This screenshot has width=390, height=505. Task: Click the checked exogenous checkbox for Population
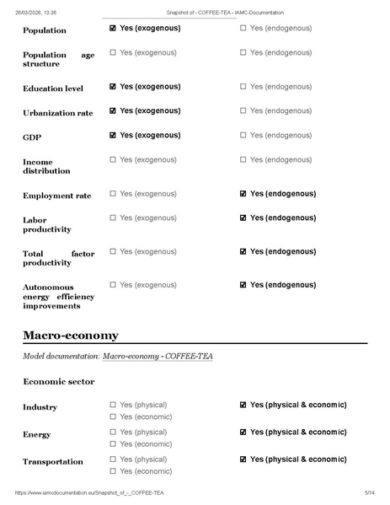pyautogui.click(x=113, y=28)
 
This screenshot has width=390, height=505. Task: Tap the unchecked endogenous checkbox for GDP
pyautogui.click(x=243, y=135)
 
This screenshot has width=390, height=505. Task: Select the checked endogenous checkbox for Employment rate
pyautogui.click(x=243, y=193)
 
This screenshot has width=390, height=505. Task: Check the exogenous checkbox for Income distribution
pyautogui.click(x=113, y=159)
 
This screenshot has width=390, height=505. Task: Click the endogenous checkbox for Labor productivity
pyautogui.click(x=243, y=218)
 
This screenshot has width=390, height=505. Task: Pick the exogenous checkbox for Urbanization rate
pyautogui.click(x=113, y=110)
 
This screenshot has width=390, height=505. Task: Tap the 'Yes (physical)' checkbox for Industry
pyautogui.click(x=113, y=405)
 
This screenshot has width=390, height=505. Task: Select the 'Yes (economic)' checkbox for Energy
pyautogui.click(x=113, y=443)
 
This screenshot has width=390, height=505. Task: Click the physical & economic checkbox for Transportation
pyautogui.click(x=243, y=459)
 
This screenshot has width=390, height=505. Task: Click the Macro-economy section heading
pyautogui.click(x=71, y=336)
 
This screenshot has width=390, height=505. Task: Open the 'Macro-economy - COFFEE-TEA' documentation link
pyautogui.click(x=158, y=357)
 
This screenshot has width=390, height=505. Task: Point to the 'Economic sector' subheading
pyautogui.click(x=58, y=382)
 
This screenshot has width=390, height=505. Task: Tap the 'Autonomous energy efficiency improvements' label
pyautogui.click(x=58, y=296)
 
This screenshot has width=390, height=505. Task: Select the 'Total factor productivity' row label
pyautogui.click(x=58, y=257)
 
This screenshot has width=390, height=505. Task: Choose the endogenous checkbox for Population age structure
pyautogui.click(x=243, y=52)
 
